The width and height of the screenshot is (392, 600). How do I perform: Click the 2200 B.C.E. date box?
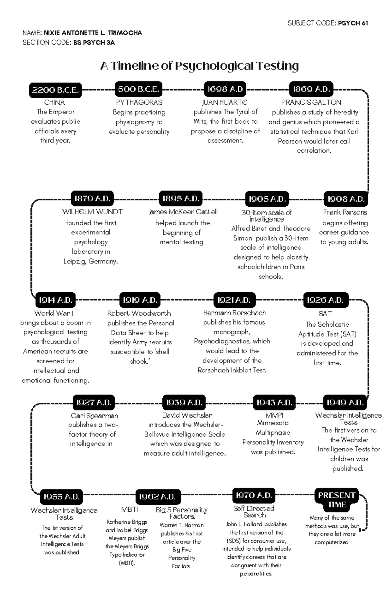(x=55, y=90)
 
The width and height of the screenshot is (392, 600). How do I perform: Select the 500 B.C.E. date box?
(x=139, y=89)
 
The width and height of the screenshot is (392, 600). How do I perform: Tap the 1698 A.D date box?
(x=225, y=89)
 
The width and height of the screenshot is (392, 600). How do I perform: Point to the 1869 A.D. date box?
(x=311, y=89)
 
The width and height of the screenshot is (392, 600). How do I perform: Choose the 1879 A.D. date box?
(x=92, y=198)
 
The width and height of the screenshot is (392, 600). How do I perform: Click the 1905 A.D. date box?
(x=267, y=199)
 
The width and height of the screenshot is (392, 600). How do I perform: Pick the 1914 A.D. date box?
(x=55, y=300)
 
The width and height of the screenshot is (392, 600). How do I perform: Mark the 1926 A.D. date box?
(x=325, y=300)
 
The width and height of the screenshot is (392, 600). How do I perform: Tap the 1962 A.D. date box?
(x=158, y=497)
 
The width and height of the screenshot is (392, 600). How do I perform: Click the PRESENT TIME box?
(x=336, y=500)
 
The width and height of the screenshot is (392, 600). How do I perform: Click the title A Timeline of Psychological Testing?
(x=199, y=66)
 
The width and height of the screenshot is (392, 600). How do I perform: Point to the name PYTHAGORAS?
(x=139, y=102)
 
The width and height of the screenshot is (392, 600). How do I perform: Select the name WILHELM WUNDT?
(x=92, y=212)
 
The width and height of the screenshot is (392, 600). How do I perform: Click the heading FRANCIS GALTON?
(x=312, y=102)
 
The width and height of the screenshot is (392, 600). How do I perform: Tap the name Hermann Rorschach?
(x=235, y=313)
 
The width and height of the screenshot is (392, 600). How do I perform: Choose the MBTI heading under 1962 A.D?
(x=129, y=510)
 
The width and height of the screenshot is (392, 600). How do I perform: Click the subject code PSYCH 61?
(x=353, y=23)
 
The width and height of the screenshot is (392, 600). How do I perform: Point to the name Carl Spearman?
(x=94, y=416)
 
